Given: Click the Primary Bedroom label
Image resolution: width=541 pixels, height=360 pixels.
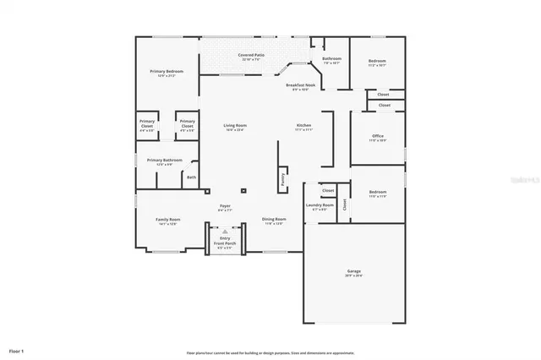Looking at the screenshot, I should coord(167,73).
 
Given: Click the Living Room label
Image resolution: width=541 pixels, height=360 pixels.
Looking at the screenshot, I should coord(234,128).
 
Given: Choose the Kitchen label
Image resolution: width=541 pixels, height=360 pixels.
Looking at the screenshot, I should coord(303,128).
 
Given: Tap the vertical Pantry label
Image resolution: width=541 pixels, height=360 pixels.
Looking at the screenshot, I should coord(281,180).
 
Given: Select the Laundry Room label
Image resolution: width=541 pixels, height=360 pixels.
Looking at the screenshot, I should coord(319,206).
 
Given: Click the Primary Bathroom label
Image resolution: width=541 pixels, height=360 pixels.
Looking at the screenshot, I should coord(165,161).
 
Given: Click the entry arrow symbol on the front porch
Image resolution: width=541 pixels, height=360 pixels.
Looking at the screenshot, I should coord(224,231).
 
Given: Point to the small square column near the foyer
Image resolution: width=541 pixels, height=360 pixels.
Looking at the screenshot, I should coord(243,190).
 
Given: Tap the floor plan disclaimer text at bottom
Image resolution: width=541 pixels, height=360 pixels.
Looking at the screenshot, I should coord(270,352).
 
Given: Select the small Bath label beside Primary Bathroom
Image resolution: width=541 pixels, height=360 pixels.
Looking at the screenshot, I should coord(191,177).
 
